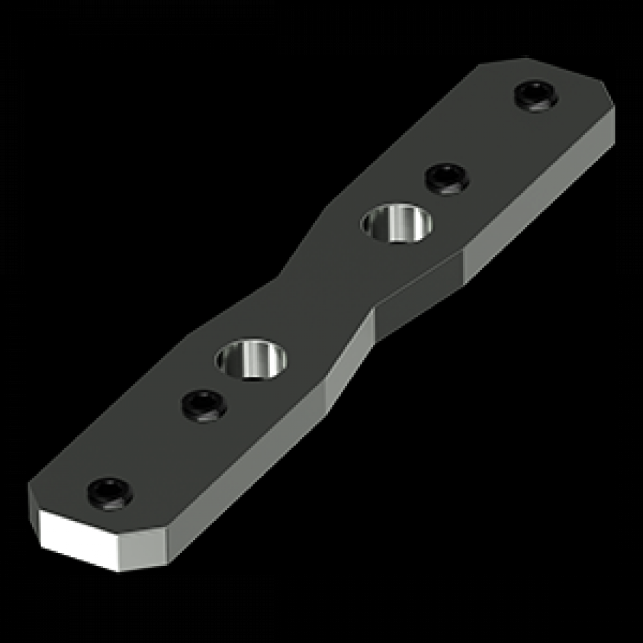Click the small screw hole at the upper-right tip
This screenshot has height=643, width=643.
[x=536, y=96]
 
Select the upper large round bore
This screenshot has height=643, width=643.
[x=397, y=222]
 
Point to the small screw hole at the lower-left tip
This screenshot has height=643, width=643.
[x=110, y=493]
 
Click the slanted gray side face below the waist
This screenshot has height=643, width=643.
[x=350, y=360]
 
